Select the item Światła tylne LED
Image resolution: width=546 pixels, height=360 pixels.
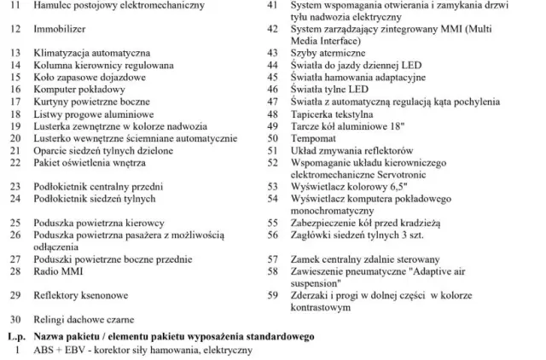coord(329,88)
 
